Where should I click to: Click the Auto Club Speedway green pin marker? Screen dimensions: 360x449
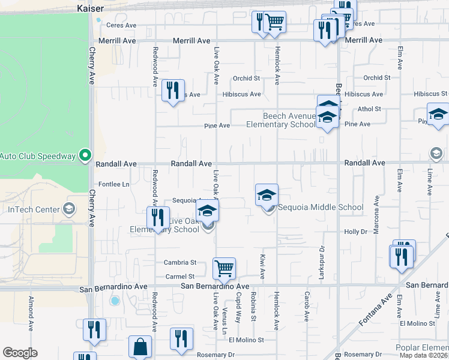pyautogui.click(x=85, y=156)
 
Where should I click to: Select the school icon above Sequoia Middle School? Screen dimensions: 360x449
pyautogui.click(x=267, y=194)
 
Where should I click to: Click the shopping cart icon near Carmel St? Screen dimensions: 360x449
pyautogui.click(x=224, y=268)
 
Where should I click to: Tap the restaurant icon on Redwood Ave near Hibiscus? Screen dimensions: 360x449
pyautogui.click(x=173, y=91)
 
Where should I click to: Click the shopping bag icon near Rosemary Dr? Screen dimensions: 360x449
pyautogui.click(x=140, y=346)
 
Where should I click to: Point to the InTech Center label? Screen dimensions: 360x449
pyautogui.click(x=34, y=209)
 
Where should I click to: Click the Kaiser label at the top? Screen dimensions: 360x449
pyautogui.click(x=91, y=8)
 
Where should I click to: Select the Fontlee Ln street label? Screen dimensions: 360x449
pyautogui.click(x=113, y=184)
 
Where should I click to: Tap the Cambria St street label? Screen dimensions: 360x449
pyautogui.click(x=180, y=263)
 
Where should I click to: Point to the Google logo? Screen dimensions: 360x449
pyautogui.click(x=20, y=353)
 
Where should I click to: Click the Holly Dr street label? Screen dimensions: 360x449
pyautogui.click(x=355, y=232)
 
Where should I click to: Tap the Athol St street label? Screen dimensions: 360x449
pyautogui.click(x=369, y=109)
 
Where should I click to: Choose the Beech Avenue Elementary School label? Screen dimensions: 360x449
pyautogui.click(x=280, y=120)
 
